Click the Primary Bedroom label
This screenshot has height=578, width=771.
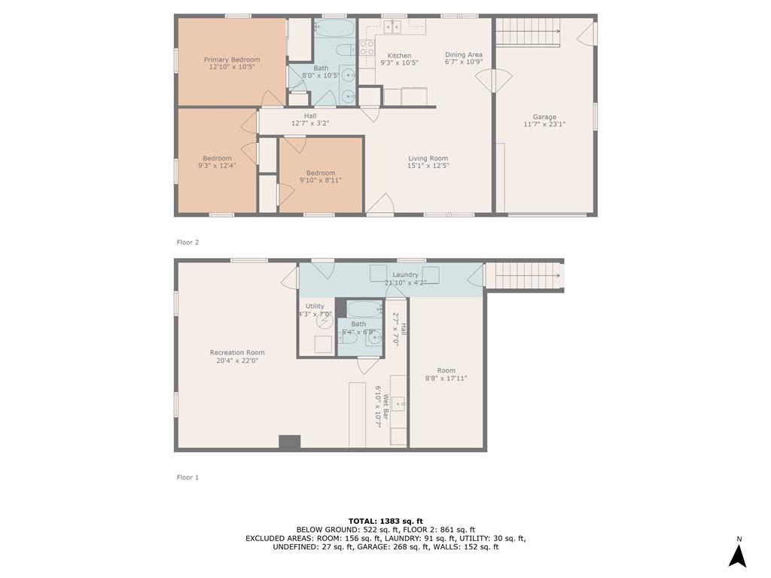pyautogui.click(x=232, y=59)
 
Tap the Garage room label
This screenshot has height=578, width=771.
pyautogui.click(x=544, y=117)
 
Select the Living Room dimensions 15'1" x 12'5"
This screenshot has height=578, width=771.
pyautogui.click(x=428, y=166)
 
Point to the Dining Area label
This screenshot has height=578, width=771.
pyautogui.click(x=464, y=54)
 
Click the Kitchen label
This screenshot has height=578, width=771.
pyautogui.click(x=399, y=56)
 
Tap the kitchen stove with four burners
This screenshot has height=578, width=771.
pyautogui.click(x=367, y=47)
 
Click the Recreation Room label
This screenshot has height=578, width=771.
pyautogui.click(x=237, y=352)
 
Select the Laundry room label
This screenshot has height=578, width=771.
pyautogui.click(x=406, y=275)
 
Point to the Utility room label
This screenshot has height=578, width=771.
pyautogui.click(x=315, y=306)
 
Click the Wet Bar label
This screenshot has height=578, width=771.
pyautogui.click(x=386, y=406)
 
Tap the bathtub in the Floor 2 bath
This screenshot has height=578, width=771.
pyautogui.click(x=334, y=28)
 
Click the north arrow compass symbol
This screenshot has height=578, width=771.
pyautogui.click(x=738, y=555)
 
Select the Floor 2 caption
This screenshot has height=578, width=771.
pyautogui.click(x=187, y=242)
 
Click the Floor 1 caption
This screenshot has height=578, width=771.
pyautogui.click(x=187, y=477)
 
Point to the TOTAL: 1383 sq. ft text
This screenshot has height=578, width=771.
pyautogui.click(x=385, y=521)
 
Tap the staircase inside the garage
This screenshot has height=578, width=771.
pyautogui.click(x=528, y=32)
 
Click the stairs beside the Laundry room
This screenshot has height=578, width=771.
pyautogui.click(x=523, y=275)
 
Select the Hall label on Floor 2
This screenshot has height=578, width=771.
pyautogui.click(x=310, y=116)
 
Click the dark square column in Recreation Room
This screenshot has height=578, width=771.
pyautogui.click(x=290, y=443)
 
